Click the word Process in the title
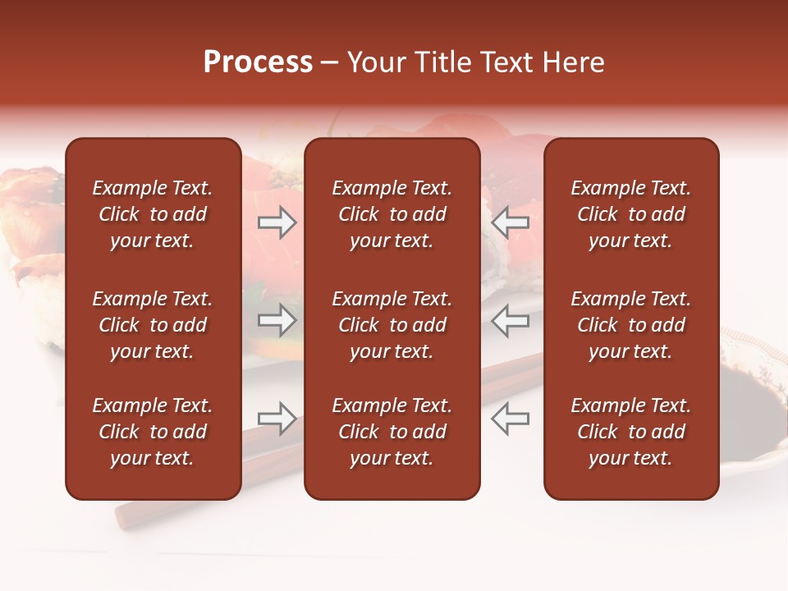coord(258,62)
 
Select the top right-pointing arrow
coord(277,222)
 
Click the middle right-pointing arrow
coord(277,320)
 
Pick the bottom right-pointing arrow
coord(277,419)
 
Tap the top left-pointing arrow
coord(510,222)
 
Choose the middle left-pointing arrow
coord(510,320)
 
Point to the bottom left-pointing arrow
coord(510,419)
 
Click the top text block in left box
coord(153,214)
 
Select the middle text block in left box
coord(153,325)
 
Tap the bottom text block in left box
coord(153,432)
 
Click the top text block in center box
coord(392,214)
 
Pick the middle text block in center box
coord(392,325)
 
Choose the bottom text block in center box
coord(392,432)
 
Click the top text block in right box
coord(630,214)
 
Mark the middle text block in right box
coord(630,325)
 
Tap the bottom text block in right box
coord(630,432)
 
